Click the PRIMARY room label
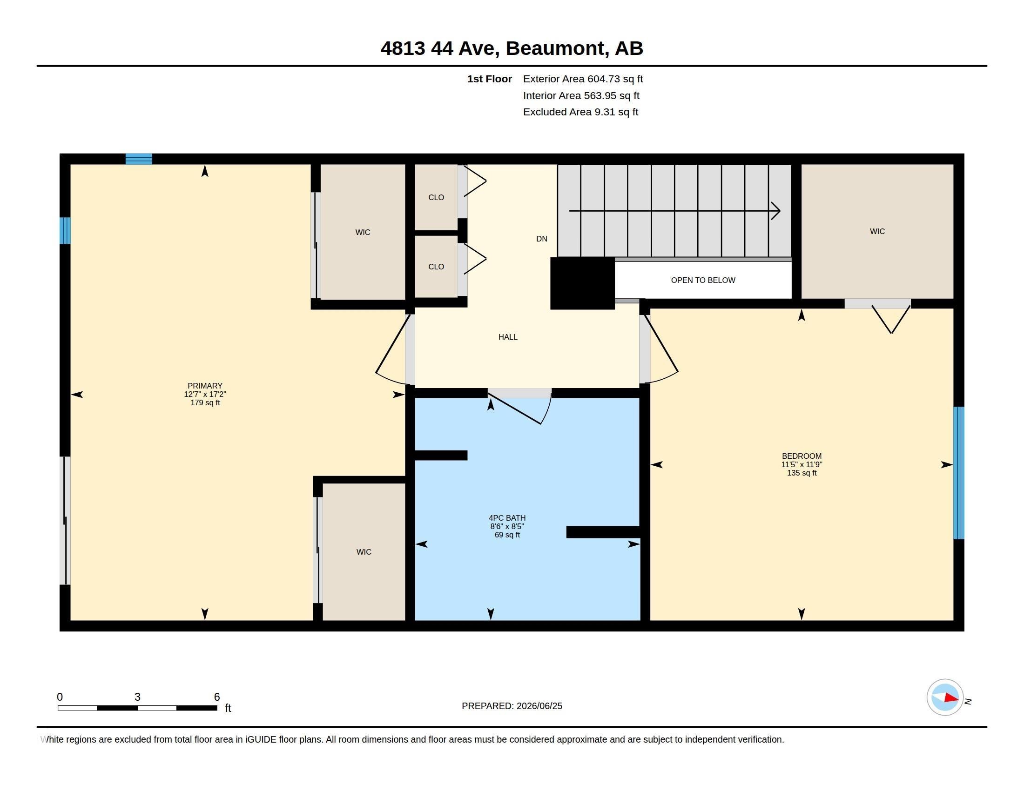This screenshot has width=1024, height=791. click(x=205, y=386)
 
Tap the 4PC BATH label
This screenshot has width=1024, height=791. click(x=507, y=518)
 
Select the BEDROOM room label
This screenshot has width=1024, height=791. click(x=802, y=456)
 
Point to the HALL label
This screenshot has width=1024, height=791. click(x=508, y=337)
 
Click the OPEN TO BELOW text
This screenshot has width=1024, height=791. click(x=703, y=280)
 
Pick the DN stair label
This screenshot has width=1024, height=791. click(x=541, y=239)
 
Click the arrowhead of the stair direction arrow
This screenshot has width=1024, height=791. click(x=776, y=211)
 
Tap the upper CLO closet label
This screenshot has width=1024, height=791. click(x=436, y=197)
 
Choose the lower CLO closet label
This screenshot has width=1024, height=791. click(x=436, y=267)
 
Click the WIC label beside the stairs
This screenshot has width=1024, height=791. click(x=877, y=232)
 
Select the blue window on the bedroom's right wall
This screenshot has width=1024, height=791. click(x=959, y=473)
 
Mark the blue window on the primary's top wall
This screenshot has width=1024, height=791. click(x=139, y=159)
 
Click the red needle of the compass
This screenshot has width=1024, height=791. click(x=951, y=698)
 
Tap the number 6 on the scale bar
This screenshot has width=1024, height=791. click(x=216, y=697)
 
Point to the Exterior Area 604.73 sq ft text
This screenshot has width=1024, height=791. click(x=583, y=79)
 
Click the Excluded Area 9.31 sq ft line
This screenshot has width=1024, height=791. click(x=580, y=112)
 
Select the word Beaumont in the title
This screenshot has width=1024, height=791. click(x=555, y=48)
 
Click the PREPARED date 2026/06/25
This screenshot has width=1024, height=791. click(x=539, y=706)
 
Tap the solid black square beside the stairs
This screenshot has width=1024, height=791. click(x=582, y=283)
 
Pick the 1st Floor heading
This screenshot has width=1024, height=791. click(x=490, y=79)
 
